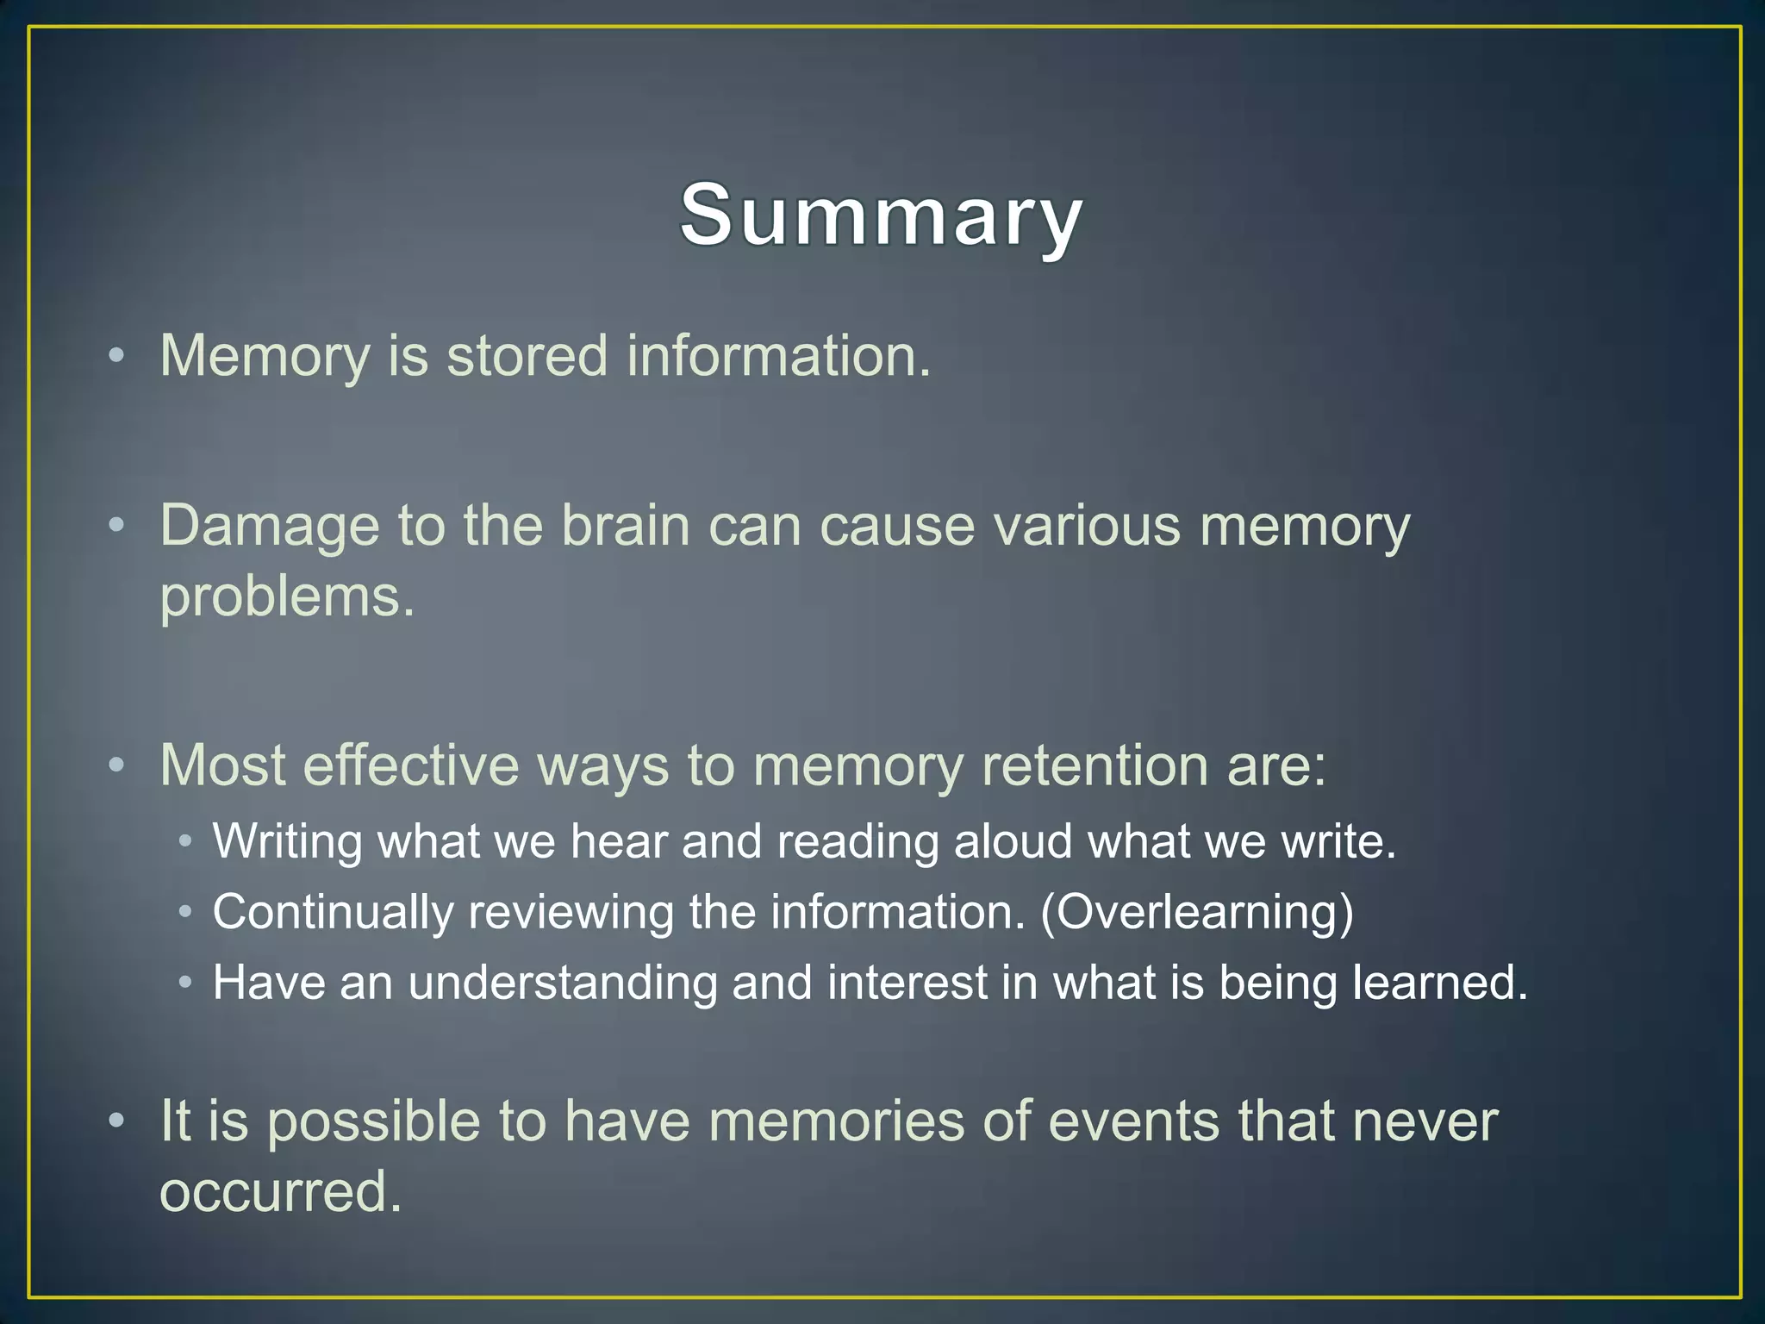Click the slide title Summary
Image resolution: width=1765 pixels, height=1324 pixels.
[881, 215]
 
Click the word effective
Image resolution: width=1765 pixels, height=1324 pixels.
[411, 765]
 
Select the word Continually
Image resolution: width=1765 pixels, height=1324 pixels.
[333, 912]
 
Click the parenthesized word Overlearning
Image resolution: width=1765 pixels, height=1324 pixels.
[1198, 912]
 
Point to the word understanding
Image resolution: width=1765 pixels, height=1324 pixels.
[562, 983]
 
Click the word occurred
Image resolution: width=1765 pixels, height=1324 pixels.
[280, 1193]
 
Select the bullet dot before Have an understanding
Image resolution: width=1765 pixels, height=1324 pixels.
[184, 983]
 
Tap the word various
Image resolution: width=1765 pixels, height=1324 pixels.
[1087, 526]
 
